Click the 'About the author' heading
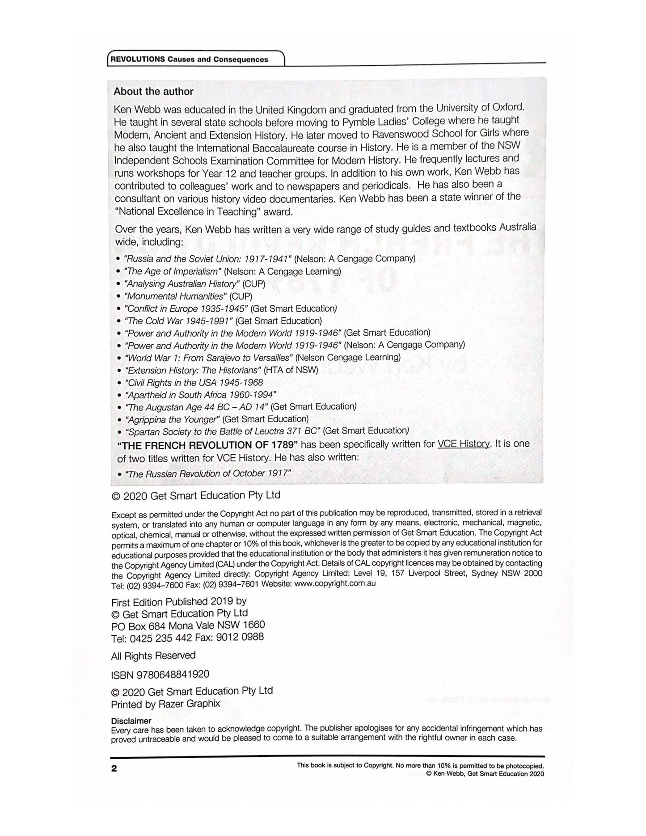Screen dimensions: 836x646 [x=153, y=92]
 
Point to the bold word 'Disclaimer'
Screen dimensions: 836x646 [x=131, y=721]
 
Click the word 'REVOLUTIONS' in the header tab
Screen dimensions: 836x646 [x=138, y=59]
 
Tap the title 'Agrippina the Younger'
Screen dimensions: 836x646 [x=173, y=419]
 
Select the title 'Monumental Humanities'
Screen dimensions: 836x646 [x=175, y=296]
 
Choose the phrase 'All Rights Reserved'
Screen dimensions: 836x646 [x=153, y=655]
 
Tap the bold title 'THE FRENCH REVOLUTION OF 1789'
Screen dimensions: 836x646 [x=208, y=445]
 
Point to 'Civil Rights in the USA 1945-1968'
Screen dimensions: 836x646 [x=194, y=383]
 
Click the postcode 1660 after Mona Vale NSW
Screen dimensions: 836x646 [x=253, y=625]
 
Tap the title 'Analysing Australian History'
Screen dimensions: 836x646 [x=182, y=284]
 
